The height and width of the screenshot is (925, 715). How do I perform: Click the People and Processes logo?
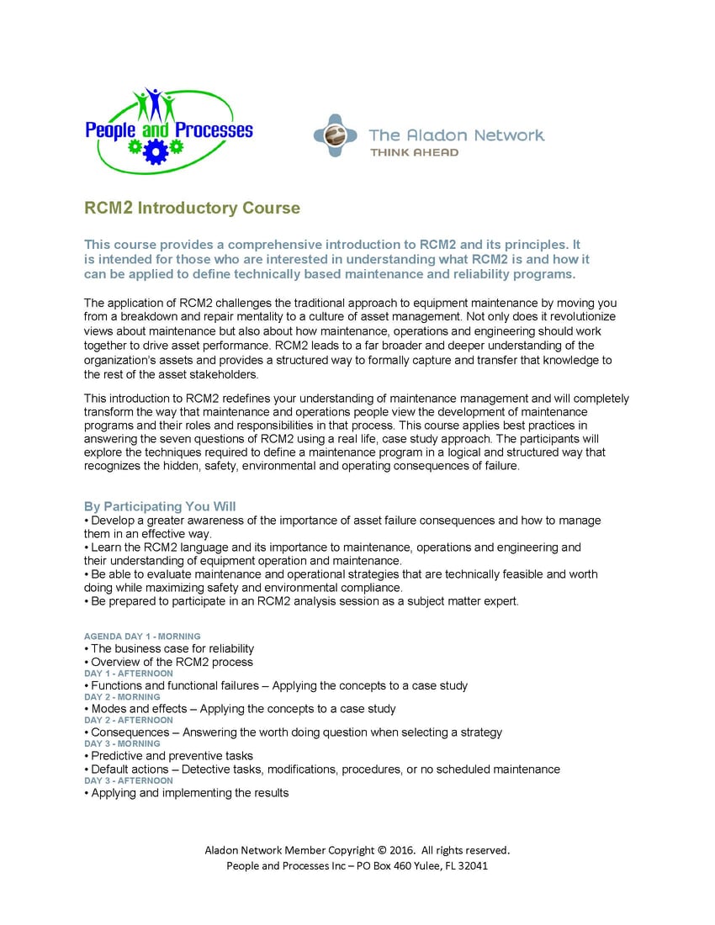tap(168, 130)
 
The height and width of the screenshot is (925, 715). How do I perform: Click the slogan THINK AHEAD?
tap(415, 152)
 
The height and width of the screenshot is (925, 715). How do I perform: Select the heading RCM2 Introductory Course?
tap(192, 208)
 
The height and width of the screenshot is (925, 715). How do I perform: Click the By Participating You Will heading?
tap(160, 506)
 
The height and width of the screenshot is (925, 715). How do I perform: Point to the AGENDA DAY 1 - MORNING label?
tap(142, 637)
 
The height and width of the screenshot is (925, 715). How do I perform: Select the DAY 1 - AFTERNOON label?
tap(129, 674)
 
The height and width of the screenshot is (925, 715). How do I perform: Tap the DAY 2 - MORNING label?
tap(122, 697)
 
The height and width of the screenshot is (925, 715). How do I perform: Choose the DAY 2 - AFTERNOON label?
tap(129, 720)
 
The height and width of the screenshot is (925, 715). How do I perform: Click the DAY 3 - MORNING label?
tap(122, 743)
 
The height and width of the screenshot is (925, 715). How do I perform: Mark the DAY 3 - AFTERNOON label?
tap(129, 780)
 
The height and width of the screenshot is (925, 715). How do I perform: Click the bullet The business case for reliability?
tap(172, 648)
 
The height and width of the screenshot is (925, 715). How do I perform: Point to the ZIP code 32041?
tap(471, 865)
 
